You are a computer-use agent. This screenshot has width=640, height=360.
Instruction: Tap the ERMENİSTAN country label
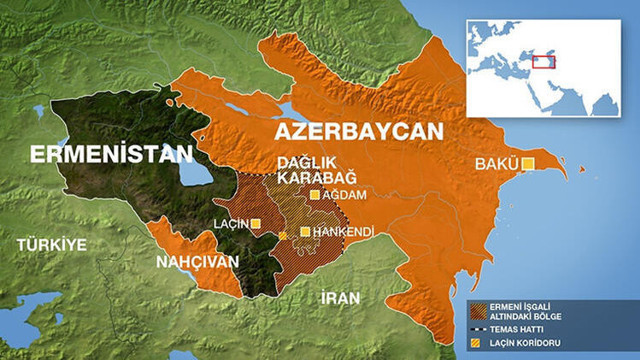tap(110, 154)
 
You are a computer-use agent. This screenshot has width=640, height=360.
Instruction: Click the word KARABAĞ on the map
tap(304, 176)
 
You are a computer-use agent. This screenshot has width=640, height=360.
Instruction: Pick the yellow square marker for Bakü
tap(528, 163)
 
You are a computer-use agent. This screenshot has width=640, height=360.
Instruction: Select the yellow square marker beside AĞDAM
tap(315, 195)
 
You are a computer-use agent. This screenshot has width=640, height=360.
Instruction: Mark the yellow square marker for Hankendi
tap(305, 231)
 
